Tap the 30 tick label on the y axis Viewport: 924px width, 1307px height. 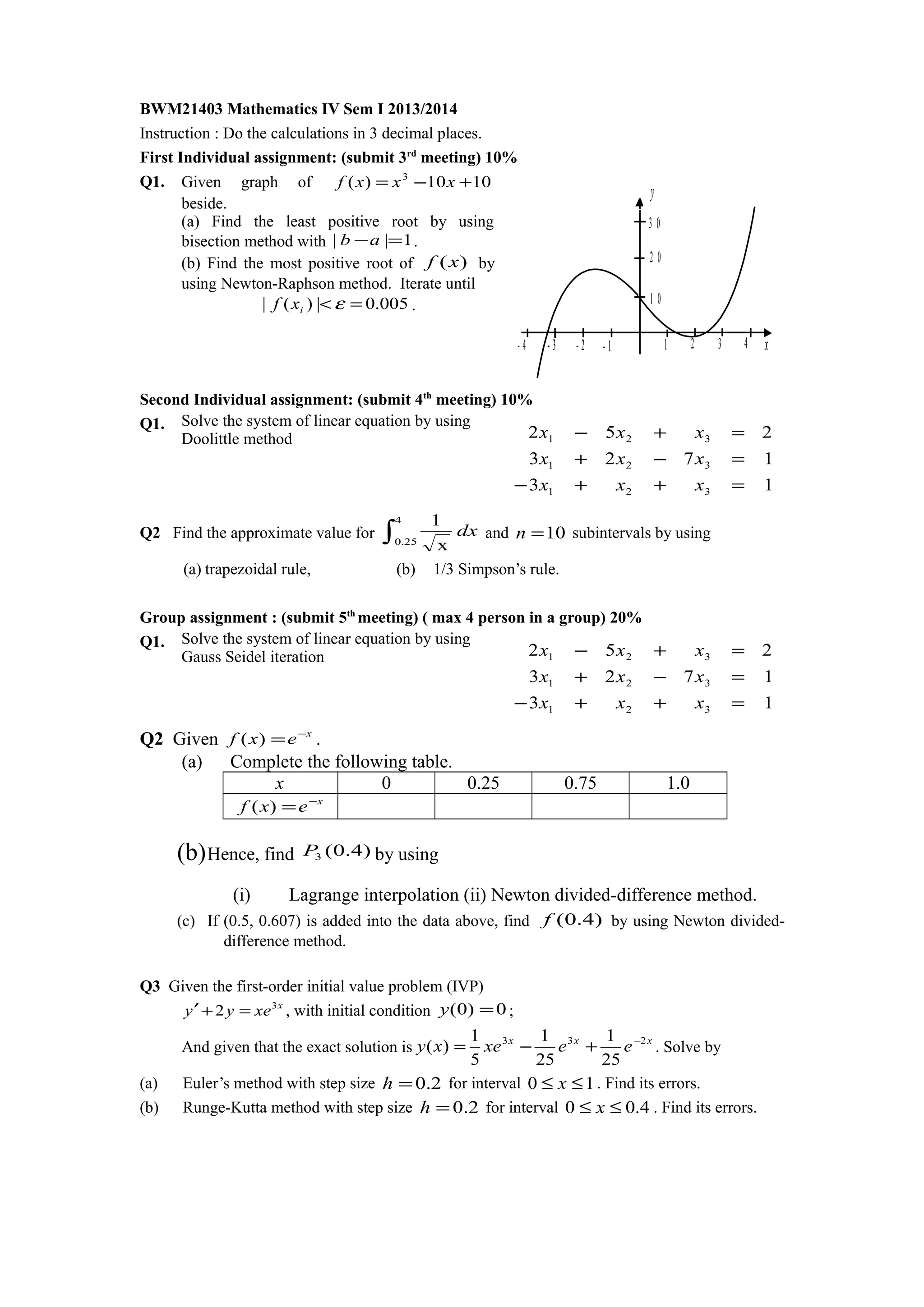(x=655, y=223)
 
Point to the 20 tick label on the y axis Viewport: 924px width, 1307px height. (x=655, y=258)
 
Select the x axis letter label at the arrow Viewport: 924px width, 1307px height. (x=766, y=345)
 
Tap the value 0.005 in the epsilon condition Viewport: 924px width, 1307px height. (x=387, y=304)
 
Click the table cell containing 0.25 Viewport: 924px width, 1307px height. (x=483, y=783)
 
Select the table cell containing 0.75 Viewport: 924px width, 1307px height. (x=580, y=783)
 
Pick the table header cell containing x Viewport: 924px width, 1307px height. (x=280, y=783)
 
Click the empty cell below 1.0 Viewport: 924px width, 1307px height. (x=678, y=806)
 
